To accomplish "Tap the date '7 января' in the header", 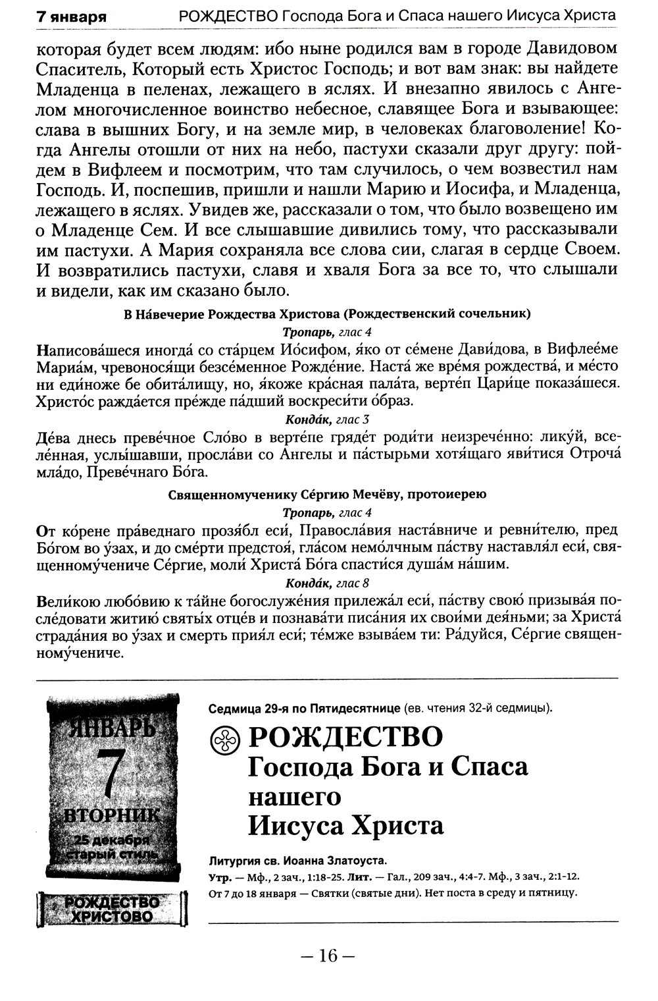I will click(72, 16).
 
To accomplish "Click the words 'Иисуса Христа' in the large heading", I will click(345, 825).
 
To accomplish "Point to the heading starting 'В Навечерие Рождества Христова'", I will click(327, 313).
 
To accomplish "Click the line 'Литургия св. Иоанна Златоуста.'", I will click(297, 861).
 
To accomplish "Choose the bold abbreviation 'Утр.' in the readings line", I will click(219, 877).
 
